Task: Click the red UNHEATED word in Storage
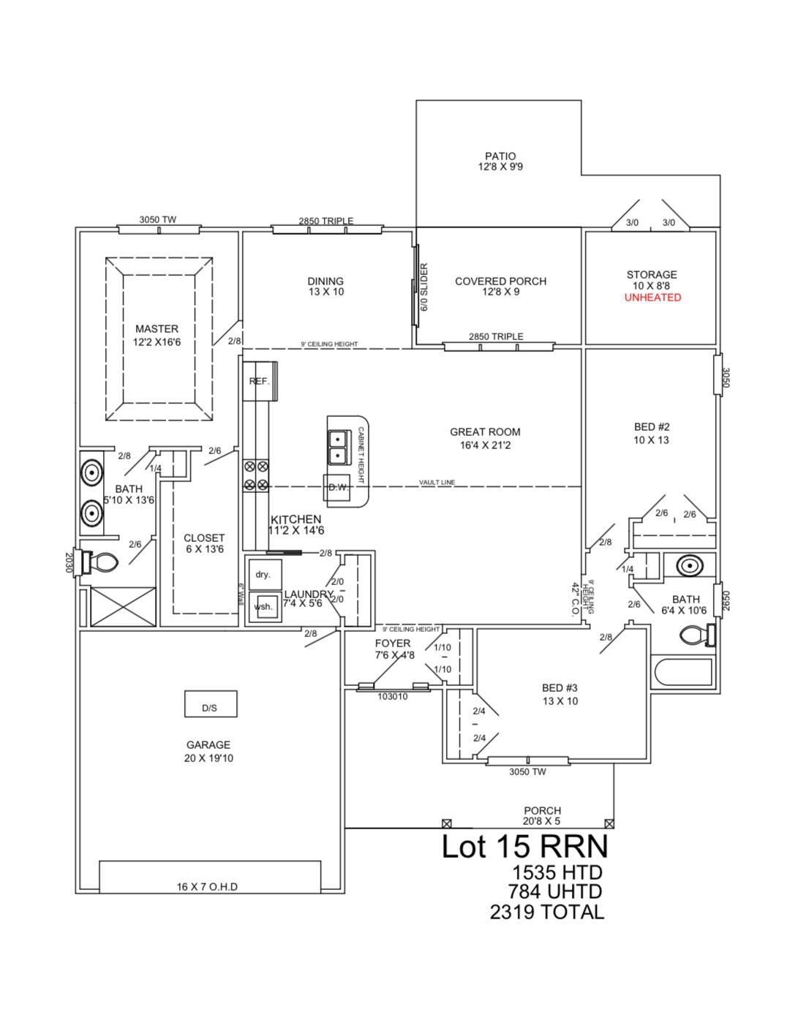point(652,298)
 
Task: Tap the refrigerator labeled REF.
point(260,381)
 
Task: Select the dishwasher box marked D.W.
point(337,488)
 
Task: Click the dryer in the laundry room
point(263,575)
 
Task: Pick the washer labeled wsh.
point(263,606)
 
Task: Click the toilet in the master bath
point(103,562)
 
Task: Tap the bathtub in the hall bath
point(683,671)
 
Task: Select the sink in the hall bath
point(688,565)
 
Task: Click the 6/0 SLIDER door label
point(423,287)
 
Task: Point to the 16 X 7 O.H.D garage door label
point(207,887)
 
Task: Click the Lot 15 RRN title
point(524,847)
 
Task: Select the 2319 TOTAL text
point(547,912)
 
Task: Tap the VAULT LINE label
point(437,483)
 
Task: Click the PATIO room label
point(500,156)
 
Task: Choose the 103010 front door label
point(392,697)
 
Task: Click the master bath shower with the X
point(122,606)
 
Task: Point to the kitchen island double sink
point(337,447)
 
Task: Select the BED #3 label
point(560,688)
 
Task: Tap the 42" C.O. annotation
point(576,600)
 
